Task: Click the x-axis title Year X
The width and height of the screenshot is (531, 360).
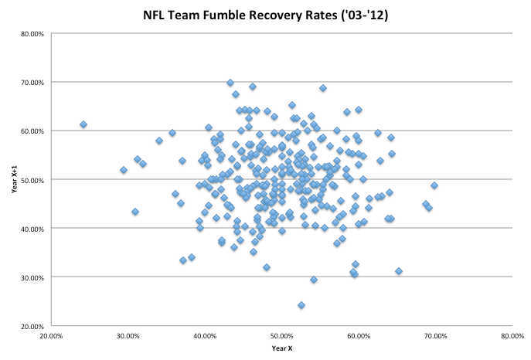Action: (281, 348)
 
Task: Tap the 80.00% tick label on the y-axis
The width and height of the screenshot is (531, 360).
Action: (32, 33)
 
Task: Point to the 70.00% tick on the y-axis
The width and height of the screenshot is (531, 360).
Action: (32, 82)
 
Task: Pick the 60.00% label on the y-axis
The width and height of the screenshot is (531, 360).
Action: (32, 131)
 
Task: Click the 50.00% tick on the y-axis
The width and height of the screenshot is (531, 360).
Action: (32, 180)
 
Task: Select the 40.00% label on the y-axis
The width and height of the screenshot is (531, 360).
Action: (32, 229)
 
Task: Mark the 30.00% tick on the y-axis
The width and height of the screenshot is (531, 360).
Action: (32, 277)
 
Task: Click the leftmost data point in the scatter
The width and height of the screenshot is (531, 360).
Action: (83, 124)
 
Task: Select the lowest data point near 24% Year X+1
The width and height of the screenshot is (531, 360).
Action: (301, 305)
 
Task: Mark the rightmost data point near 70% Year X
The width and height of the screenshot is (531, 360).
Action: (434, 185)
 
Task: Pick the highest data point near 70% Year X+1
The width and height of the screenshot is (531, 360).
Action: (230, 83)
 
